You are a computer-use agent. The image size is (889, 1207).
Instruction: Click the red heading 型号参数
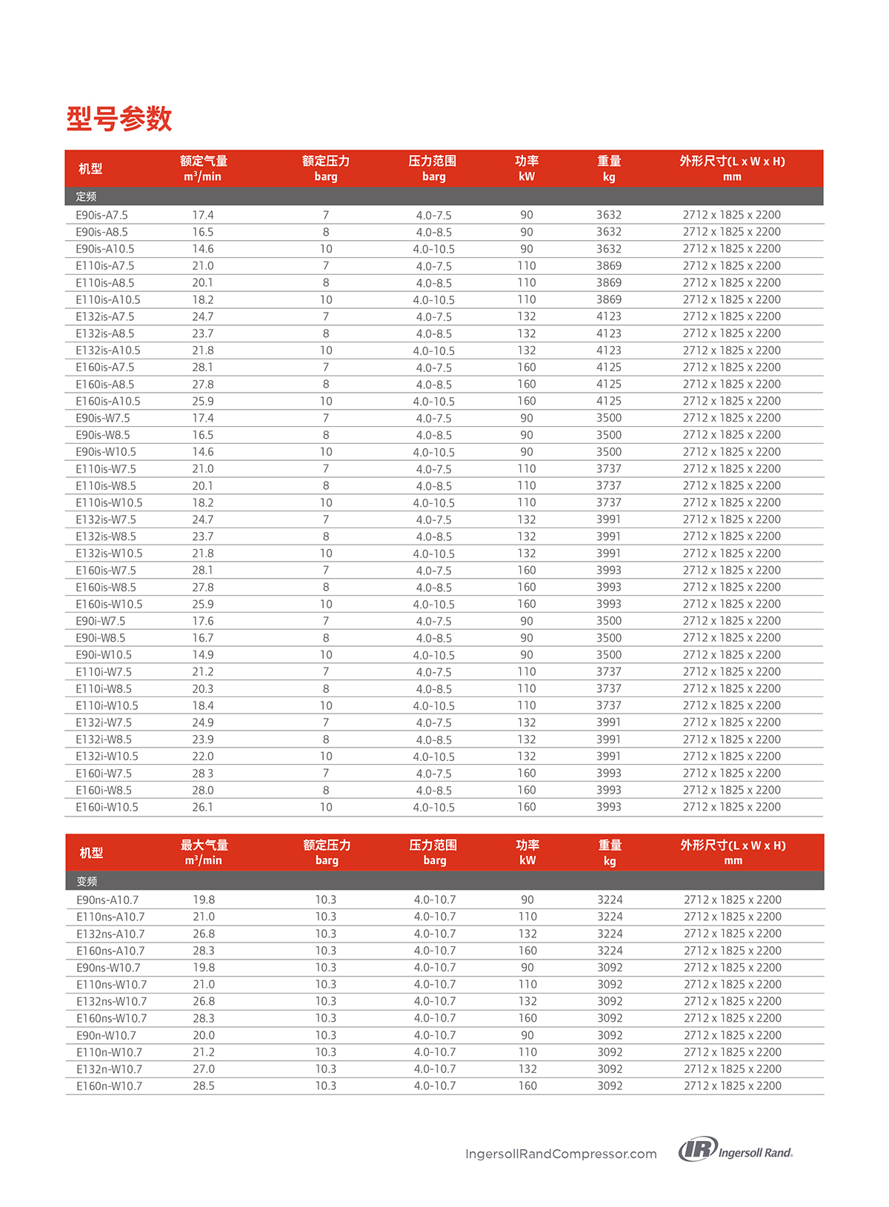pyautogui.click(x=119, y=119)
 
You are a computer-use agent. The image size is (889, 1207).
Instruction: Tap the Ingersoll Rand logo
pyautogui.click(x=736, y=1149)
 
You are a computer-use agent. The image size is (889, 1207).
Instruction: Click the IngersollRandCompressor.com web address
pyautogui.click(x=561, y=1154)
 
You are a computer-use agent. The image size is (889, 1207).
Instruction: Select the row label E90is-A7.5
pyautogui.click(x=101, y=215)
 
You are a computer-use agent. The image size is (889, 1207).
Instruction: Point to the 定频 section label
pyautogui.click(x=86, y=196)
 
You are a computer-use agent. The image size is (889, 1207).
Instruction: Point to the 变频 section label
pyautogui.click(x=87, y=881)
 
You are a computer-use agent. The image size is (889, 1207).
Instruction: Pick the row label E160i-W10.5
pyautogui.click(x=107, y=807)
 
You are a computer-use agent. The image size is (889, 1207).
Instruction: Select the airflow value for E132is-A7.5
pyautogui.click(x=203, y=316)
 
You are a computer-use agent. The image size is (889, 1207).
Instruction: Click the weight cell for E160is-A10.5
pyautogui.click(x=609, y=401)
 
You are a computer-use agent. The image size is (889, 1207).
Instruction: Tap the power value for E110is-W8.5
pyautogui.click(x=527, y=485)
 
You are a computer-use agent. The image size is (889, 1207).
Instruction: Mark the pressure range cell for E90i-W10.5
pyautogui.click(x=434, y=655)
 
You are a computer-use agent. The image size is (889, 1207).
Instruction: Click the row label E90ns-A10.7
pyautogui.click(x=107, y=900)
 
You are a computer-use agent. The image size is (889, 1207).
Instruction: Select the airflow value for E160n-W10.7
pyautogui.click(x=204, y=1085)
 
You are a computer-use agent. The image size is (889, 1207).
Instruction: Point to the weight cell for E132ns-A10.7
pyautogui.click(x=610, y=934)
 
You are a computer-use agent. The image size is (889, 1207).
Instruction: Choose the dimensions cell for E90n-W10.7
pyautogui.click(x=733, y=1035)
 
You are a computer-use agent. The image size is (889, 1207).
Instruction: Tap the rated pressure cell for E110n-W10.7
pyautogui.click(x=326, y=1052)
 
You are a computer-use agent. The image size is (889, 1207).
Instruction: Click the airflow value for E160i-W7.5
pyautogui.click(x=203, y=773)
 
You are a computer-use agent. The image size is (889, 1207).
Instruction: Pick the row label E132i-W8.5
pyautogui.click(x=104, y=739)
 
